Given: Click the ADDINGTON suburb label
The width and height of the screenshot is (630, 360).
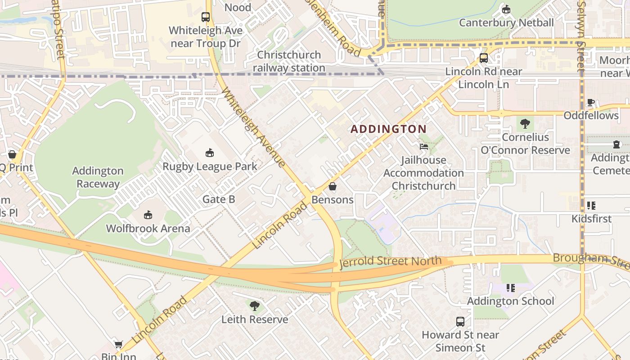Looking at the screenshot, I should click(388, 129).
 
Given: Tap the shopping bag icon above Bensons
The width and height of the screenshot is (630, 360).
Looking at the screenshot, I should click(333, 186).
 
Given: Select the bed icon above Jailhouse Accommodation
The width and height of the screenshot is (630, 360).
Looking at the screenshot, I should click(423, 146).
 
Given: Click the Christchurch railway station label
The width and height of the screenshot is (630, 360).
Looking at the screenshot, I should click(289, 61).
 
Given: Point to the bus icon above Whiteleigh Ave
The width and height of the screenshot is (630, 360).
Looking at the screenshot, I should click(206, 17).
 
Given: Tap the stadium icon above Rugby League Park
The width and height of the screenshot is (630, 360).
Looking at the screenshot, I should click(210, 153).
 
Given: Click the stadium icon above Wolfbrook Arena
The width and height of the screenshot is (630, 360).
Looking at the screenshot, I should click(148, 215).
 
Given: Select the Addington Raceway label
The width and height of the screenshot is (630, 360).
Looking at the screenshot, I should click(98, 177).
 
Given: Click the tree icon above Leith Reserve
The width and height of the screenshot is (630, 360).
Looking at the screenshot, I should click(255, 306).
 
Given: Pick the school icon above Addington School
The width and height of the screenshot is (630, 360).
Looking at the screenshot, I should click(510, 288).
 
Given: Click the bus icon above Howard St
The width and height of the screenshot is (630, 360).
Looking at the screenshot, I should click(460, 321).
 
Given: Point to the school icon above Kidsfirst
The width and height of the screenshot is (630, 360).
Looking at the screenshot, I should click(591, 206).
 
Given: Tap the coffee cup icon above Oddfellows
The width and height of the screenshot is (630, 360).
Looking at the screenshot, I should click(591, 103).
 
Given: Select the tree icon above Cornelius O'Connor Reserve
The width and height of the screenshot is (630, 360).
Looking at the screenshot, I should click(525, 124).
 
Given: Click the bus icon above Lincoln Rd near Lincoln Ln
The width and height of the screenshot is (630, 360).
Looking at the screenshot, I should click(484, 58).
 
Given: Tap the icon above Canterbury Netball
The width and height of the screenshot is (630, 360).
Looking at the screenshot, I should click(506, 9).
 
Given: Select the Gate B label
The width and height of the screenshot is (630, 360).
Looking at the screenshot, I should click(219, 199).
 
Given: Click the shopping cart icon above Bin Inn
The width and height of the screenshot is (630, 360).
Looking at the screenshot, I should click(118, 344).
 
